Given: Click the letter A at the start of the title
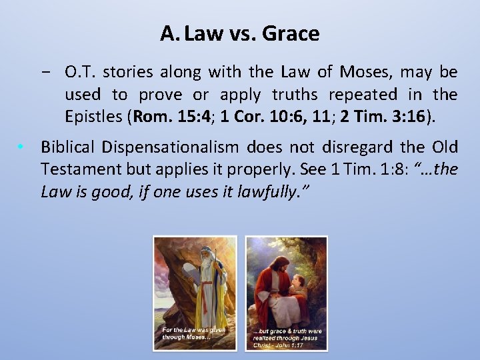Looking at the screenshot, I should tap(167, 33).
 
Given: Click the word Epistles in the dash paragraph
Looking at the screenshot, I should tap(93, 117).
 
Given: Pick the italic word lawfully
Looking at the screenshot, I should tap(275, 192).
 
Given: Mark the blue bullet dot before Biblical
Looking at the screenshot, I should tap(22, 147).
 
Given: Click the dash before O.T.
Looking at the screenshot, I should tap(51, 71).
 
